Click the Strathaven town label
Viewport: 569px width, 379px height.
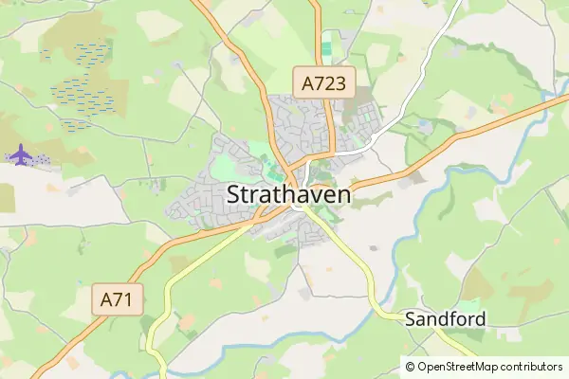click(289, 195)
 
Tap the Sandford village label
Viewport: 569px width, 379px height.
click(445, 319)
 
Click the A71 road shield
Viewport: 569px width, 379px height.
click(120, 302)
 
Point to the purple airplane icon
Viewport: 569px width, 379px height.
click(19, 153)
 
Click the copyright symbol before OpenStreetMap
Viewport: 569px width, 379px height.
click(410, 366)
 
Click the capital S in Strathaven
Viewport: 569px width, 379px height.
click(235, 195)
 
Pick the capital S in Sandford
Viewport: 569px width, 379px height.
click(411, 319)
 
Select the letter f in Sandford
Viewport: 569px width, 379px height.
click(453, 318)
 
